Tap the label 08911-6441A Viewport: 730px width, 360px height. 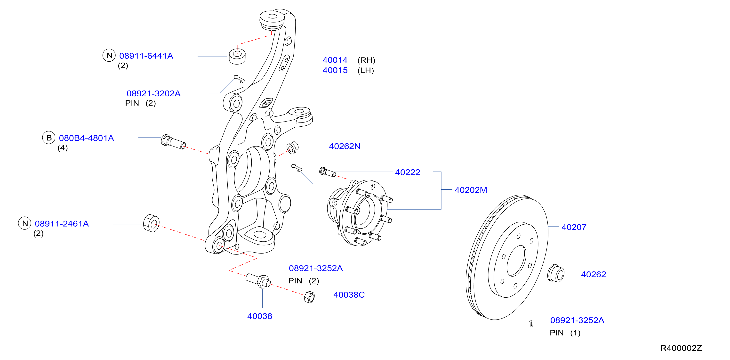click(x=146, y=56)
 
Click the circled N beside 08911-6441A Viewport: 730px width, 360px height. click(x=109, y=55)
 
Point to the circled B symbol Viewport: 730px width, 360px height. click(x=49, y=138)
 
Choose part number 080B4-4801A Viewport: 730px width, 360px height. click(x=87, y=138)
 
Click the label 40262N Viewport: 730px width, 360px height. click(x=345, y=146)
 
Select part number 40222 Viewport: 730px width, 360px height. click(x=408, y=172)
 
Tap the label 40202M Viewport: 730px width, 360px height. click(x=471, y=190)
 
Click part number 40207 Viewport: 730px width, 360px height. click(x=574, y=227)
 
